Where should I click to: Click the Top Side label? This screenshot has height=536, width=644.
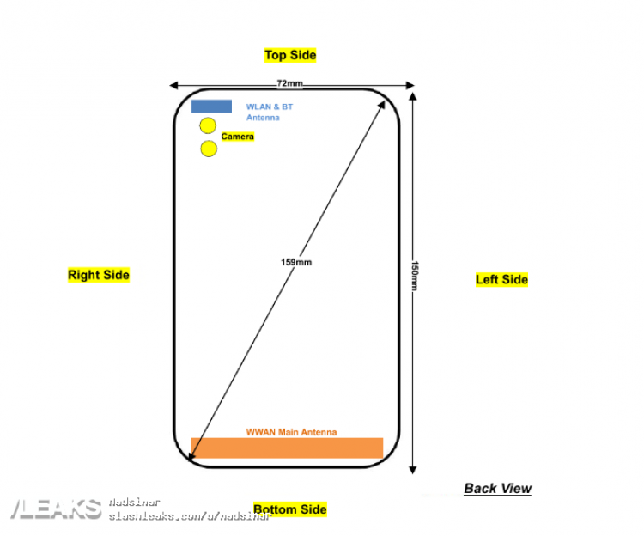click(x=290, y=55)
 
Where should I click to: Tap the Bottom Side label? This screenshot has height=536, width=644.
click(x=290, y=509)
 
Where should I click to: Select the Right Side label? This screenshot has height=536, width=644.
click(x=99, y=275)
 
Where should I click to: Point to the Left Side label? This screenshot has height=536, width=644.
click(x=501, y=279)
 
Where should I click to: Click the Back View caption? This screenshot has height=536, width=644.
click(x=497, y=489)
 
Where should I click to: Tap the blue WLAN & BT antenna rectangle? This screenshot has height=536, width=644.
click(x=210, y=107)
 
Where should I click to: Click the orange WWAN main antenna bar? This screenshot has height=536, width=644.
click(x=286, y=448)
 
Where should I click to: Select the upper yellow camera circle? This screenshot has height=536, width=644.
click(x=208, y=126)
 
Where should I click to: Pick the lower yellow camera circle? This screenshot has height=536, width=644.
click(x=209, y=149)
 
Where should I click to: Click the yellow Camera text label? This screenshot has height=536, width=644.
click(x=238, y=137)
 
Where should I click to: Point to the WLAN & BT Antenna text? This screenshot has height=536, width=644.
click(x=269, y=112)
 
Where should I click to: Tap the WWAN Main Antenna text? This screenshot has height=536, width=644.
click(x=291, y=432)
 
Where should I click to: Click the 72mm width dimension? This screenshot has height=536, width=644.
click(x=289, y=83)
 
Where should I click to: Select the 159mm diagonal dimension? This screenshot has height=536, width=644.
click(x=295, y=261)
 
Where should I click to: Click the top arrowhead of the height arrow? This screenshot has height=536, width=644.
click(x=413, y=97)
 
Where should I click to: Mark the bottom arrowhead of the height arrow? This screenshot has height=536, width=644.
click(x=413, y=469)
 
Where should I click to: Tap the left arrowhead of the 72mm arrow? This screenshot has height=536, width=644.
click(x=173, y=85)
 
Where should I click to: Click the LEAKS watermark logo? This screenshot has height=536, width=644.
click(x=56, y=509)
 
